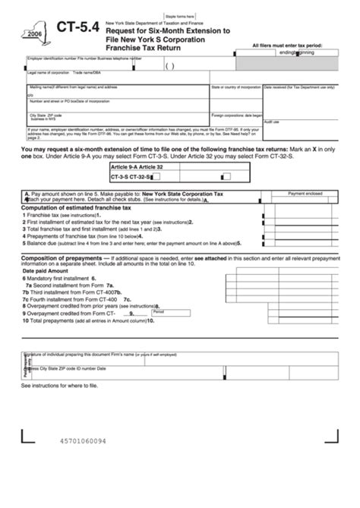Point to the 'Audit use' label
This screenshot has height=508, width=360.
271,121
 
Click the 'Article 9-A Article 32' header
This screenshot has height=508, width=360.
137,166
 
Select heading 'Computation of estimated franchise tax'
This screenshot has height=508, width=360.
76,207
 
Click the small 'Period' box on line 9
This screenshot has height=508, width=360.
159,311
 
